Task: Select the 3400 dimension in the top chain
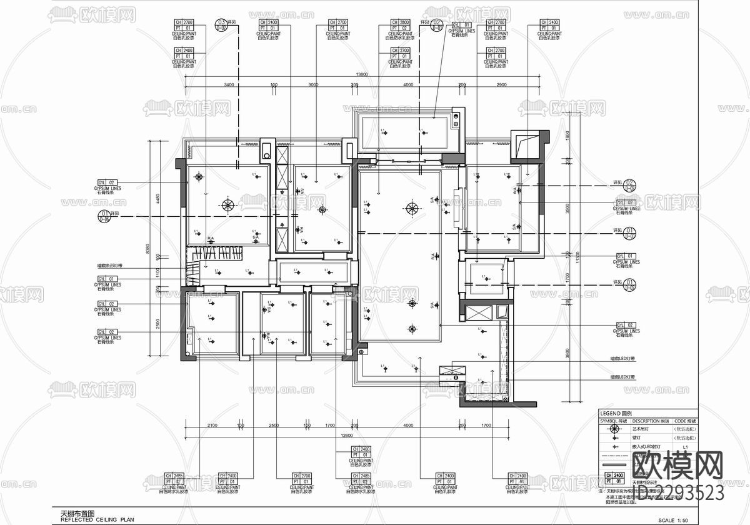coord(229,84)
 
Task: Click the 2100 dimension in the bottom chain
coord(212,426)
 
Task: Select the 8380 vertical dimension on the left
coord(148,249)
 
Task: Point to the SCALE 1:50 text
coord(677,520)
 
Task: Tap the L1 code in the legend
coord(685,447)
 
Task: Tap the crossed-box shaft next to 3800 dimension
coord(479,312)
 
